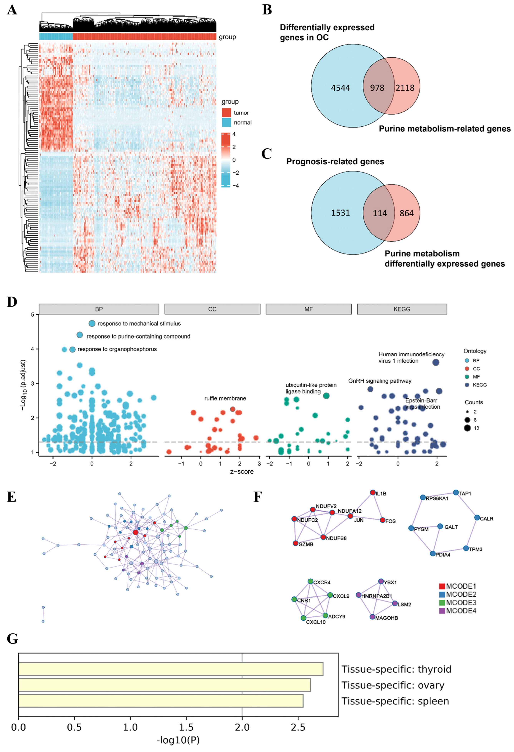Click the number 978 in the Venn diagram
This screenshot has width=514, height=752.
click(x=377, y=88)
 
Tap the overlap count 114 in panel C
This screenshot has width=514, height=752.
click(x=380, y=213)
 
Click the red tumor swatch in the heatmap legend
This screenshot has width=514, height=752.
click(x=226, y=113)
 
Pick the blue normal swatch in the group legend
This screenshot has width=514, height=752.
click(x=226, y=122)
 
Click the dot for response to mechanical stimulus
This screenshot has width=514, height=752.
click(x=92, y=323)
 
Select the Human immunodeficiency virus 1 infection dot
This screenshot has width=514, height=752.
click(x=436, y=362)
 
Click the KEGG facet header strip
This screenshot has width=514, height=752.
click(x=402, y=309)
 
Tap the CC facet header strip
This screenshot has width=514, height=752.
click(x=212, y=309)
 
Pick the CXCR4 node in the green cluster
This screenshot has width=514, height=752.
click(x=310, y=581)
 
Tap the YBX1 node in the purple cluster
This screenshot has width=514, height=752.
click(x=381, y=581)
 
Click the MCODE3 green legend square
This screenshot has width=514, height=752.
click(x=442, y=603)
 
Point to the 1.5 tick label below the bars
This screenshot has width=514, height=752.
click(x=186, y=727)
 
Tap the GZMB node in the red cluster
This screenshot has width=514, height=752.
click(x=296, y=543)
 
